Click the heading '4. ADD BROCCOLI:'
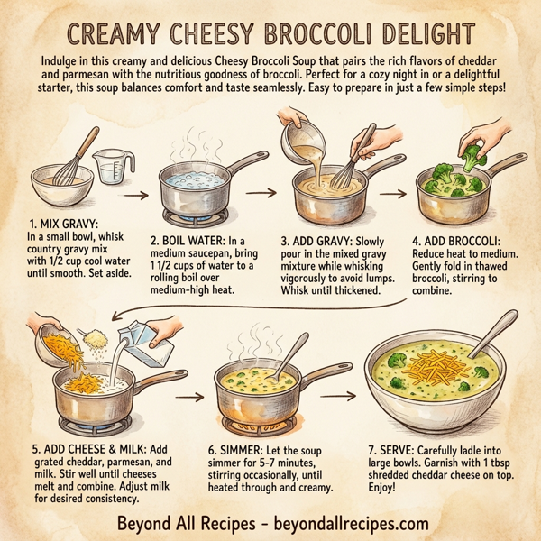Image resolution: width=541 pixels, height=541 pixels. pos(462,241)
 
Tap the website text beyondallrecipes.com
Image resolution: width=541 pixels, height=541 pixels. pos(352,522)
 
